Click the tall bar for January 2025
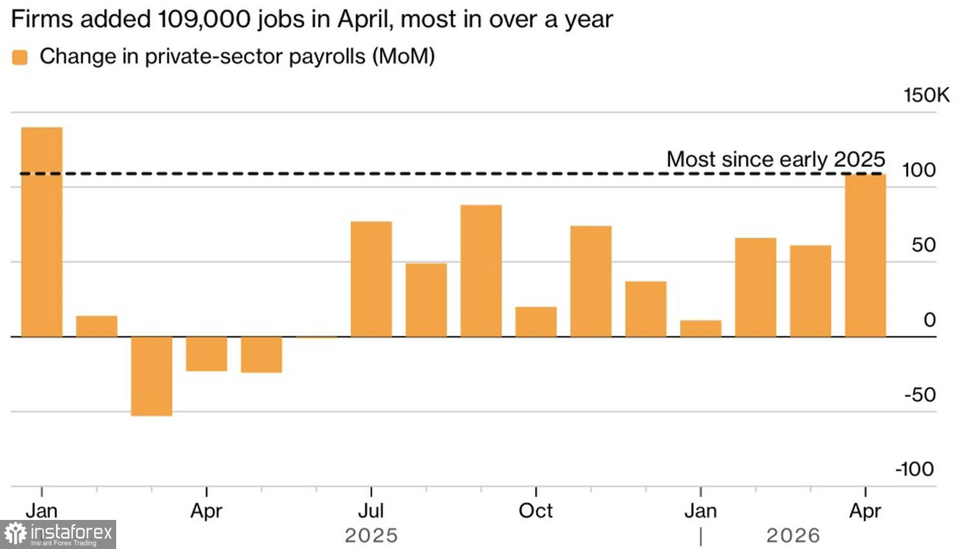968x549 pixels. coord(42,232)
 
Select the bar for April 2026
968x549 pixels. coord(865,255)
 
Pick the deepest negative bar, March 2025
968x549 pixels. coord(152,377)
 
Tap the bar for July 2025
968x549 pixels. coord(371,279)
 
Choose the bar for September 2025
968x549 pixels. coord(481,271)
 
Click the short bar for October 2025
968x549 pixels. coord(536,322)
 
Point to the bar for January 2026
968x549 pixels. coord(700,328)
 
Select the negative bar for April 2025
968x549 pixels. coord(207,354)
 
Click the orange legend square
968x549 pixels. coord(20,57)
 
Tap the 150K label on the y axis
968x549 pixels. coord(927,95)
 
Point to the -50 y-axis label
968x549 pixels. coord(920,395)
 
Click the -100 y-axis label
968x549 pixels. coord(915,470)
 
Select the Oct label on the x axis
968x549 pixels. coord(536,511)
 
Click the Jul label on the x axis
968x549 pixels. coord(371,511)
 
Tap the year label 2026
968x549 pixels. coord(793,535)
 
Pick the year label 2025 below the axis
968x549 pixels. coord(371,535)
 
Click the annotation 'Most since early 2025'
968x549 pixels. coord(776,159)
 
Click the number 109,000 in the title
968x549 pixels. coord(204,20)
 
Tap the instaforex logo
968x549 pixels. coord(58,534)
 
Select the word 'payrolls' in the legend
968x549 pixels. coord(327,57)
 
